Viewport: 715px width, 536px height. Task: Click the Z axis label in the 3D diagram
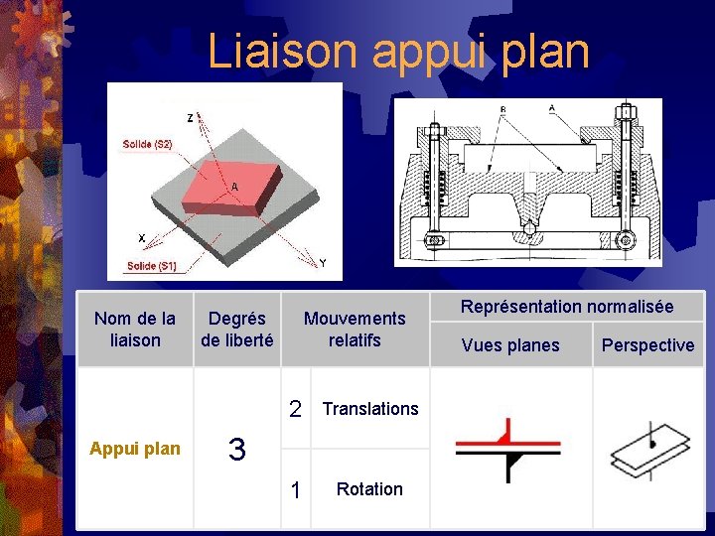click(x=190, y=118)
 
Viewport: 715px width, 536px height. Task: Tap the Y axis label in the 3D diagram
click(x=321, y=263)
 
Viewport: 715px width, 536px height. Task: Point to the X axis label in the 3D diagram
click(x=141, y=238)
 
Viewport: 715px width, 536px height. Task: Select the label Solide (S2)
click(x=147, y=145)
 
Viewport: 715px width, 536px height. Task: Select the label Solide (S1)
click(x=151, y=265)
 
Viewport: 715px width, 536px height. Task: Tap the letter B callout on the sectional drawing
click(x=503, y=108)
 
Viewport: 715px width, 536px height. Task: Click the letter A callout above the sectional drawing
click(x=551, y=107)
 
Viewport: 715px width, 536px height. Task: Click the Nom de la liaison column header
click(x=134, y=329)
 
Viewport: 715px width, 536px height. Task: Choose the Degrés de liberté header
click(x=236, y=329)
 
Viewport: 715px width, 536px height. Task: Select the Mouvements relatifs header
click(x=355, y=329)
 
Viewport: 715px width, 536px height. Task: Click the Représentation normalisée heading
click(x=567, y=307)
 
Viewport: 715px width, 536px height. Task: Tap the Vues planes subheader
click(x=510, y=345)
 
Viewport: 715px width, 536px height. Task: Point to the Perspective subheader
click(x=647, y=345)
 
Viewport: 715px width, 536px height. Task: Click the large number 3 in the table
click(x=236, y=450)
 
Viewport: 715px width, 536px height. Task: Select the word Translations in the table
click(x=370, y=409)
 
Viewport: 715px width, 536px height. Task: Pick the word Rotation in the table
click(x=369, y=489)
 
